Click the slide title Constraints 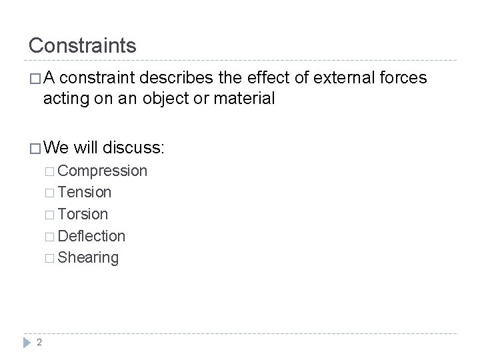point(82,45)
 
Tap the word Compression point(103,171)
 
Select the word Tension point(85,193)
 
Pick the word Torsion point(83,214)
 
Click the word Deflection point(91,235)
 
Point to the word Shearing point(88,257)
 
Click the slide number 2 point(40,342)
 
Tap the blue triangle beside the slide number point(27,342)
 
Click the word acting point(64,99)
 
